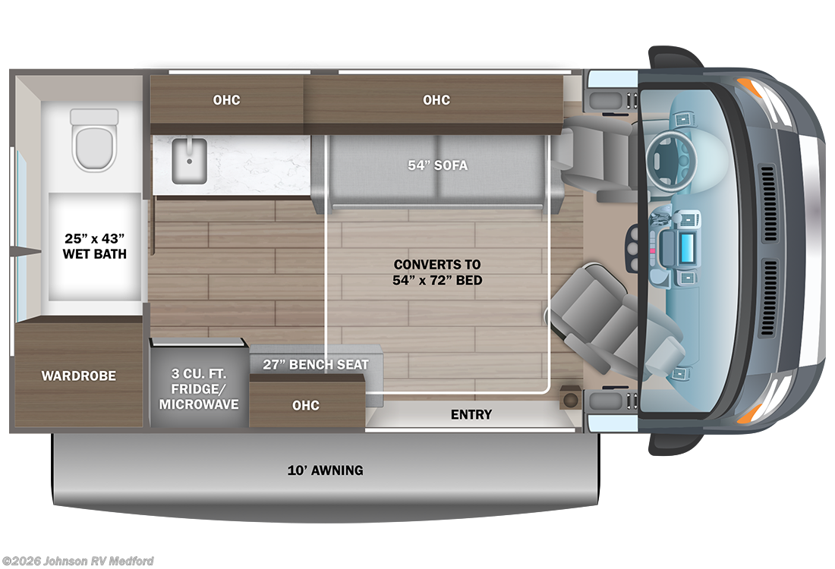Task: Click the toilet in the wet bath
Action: [95, 141]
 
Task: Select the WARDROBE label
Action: [79, 376]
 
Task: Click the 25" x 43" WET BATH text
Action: [95, 246]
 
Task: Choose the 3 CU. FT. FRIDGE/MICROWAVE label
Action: [199, 389]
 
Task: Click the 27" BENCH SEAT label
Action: [316, 364]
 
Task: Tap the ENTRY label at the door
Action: [471, 414]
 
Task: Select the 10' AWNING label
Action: [326, 470]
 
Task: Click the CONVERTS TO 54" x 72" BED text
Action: [438, 272]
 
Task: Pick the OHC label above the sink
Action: [226, 100]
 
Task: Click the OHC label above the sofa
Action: [436, 100]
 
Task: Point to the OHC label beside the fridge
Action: [306, 405]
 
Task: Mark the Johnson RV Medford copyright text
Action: [77, 561]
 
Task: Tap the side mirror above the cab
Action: [673, 58]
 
